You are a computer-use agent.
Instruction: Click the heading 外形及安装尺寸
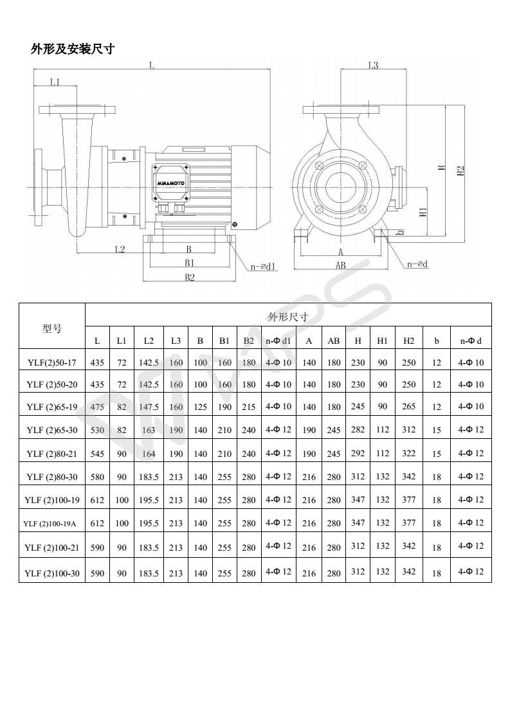tap(73, 49)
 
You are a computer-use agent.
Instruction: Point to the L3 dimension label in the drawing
tap(373, 66)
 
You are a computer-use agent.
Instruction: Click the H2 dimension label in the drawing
tap(460, 171)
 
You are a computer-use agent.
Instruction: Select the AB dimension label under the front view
tap(340, 265)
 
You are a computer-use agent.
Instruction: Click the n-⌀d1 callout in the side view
tap(264, 266)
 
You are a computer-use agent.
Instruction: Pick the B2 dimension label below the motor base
tap(189, 277)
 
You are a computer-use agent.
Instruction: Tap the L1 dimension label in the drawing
tap(55, 82)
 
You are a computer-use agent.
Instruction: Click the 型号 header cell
tap(52, 328)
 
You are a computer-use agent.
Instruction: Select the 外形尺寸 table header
tap(287, 316)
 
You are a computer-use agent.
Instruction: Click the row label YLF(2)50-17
tap(52, 362)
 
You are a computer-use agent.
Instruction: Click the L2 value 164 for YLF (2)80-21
tap(149, 454)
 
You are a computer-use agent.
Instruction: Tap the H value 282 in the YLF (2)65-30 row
tap(358, 429)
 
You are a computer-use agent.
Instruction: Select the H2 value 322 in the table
tap(408, 453)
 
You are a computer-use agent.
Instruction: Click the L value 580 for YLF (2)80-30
tap(97, 477)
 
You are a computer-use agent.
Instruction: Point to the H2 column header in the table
tap(408, 341)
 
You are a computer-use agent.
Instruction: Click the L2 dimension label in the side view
tap(120, 249)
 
